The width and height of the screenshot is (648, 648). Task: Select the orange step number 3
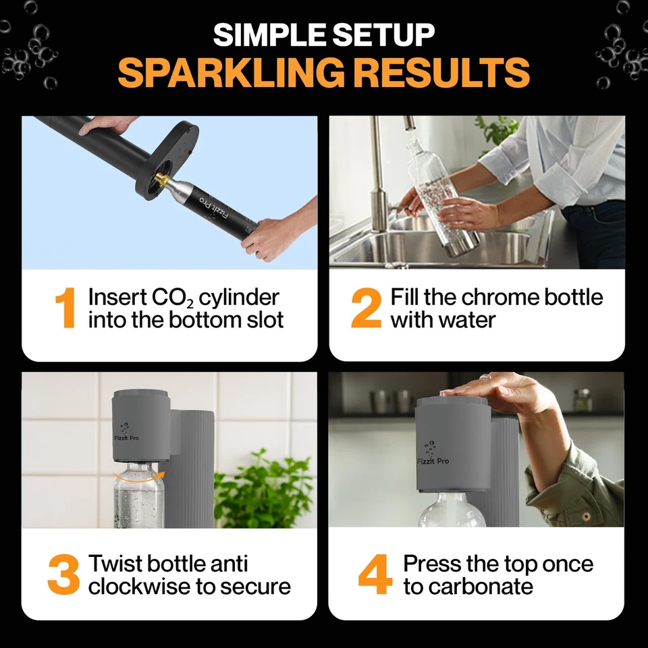[x=64, y=575]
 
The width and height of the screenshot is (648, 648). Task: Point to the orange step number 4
[x=376, y=575]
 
